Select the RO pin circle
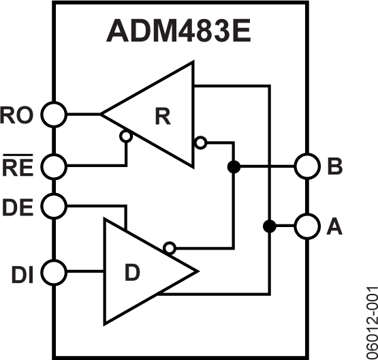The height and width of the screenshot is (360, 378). pos(54,114)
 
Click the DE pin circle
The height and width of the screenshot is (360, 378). pos(54,205)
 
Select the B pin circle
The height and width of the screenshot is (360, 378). pos(306,166)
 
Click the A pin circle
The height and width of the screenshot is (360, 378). pos(306,226)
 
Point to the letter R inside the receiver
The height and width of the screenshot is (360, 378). pos(162,117)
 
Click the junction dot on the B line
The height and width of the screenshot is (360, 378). pos(234,166)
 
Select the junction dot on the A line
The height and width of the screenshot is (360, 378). pos(270,226)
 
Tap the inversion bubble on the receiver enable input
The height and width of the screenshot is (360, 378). pos(125,136)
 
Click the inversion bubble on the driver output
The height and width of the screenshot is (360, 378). pos(169,247)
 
